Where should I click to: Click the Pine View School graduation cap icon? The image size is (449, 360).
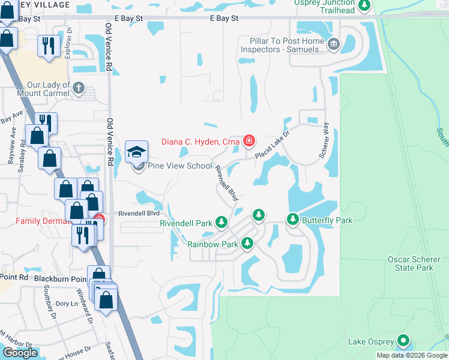(x=137, y=151)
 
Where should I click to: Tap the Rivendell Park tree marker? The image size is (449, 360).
(x=221, y=223)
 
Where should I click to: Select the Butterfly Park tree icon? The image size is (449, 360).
(x=293, y=220)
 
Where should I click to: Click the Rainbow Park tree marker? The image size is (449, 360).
(x=247, y=243)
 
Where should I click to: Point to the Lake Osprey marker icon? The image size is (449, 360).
(x=403, y=341)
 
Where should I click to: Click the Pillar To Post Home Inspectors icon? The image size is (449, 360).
(x=334, y=44)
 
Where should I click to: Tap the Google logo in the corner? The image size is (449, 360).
(x=20, y=353)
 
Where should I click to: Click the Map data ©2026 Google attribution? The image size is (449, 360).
(x=412, y=355)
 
